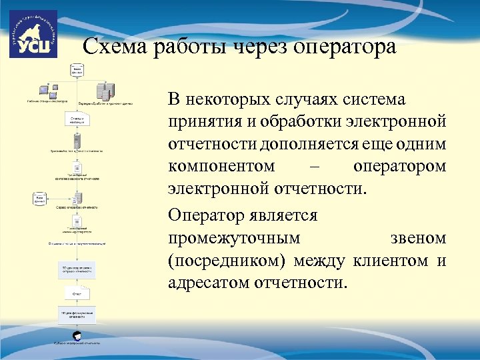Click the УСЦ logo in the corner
pos(33,34)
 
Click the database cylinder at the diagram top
pos(78,70)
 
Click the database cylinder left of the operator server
pos(39,198)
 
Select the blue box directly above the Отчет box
pos(78,269)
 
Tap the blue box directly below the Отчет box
pos(78,315)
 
